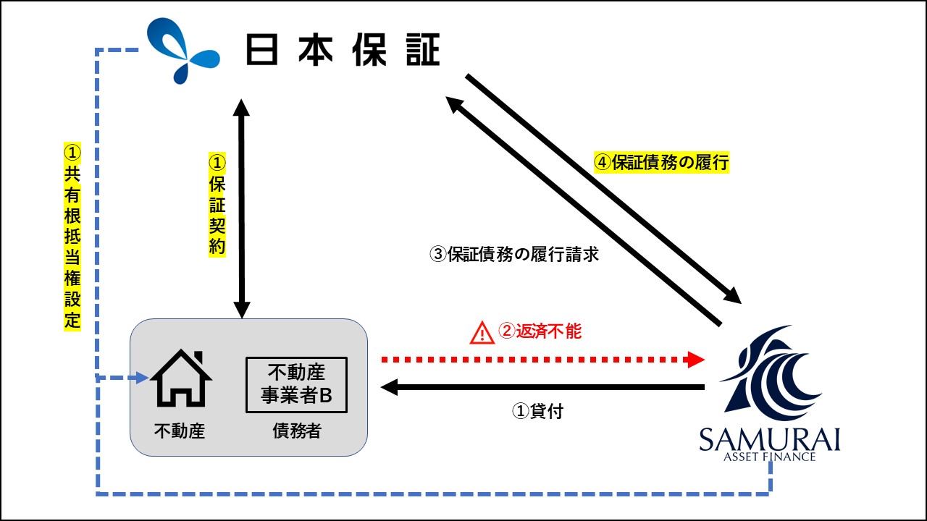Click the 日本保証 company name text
click(343, 50)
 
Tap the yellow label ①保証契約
click(217, 205)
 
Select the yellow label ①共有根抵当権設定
click(72, 237)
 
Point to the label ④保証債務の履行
click(661, 162)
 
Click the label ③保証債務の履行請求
click(514, 254)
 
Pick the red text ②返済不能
click(540, 331)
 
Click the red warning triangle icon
click(482, 334)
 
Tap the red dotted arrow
click(543, 360)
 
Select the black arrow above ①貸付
click(542, 387)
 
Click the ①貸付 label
click(537, 411)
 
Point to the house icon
click(181, 378)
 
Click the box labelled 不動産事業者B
click(296, 385)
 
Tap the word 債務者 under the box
click(297, 431)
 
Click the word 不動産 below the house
click(180, 431)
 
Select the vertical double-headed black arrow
click(241, 209)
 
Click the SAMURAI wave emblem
click(771, 374)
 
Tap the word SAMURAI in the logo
click(769, 439)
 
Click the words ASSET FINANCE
click(769, 457)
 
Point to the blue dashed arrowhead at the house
click(143, 378)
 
